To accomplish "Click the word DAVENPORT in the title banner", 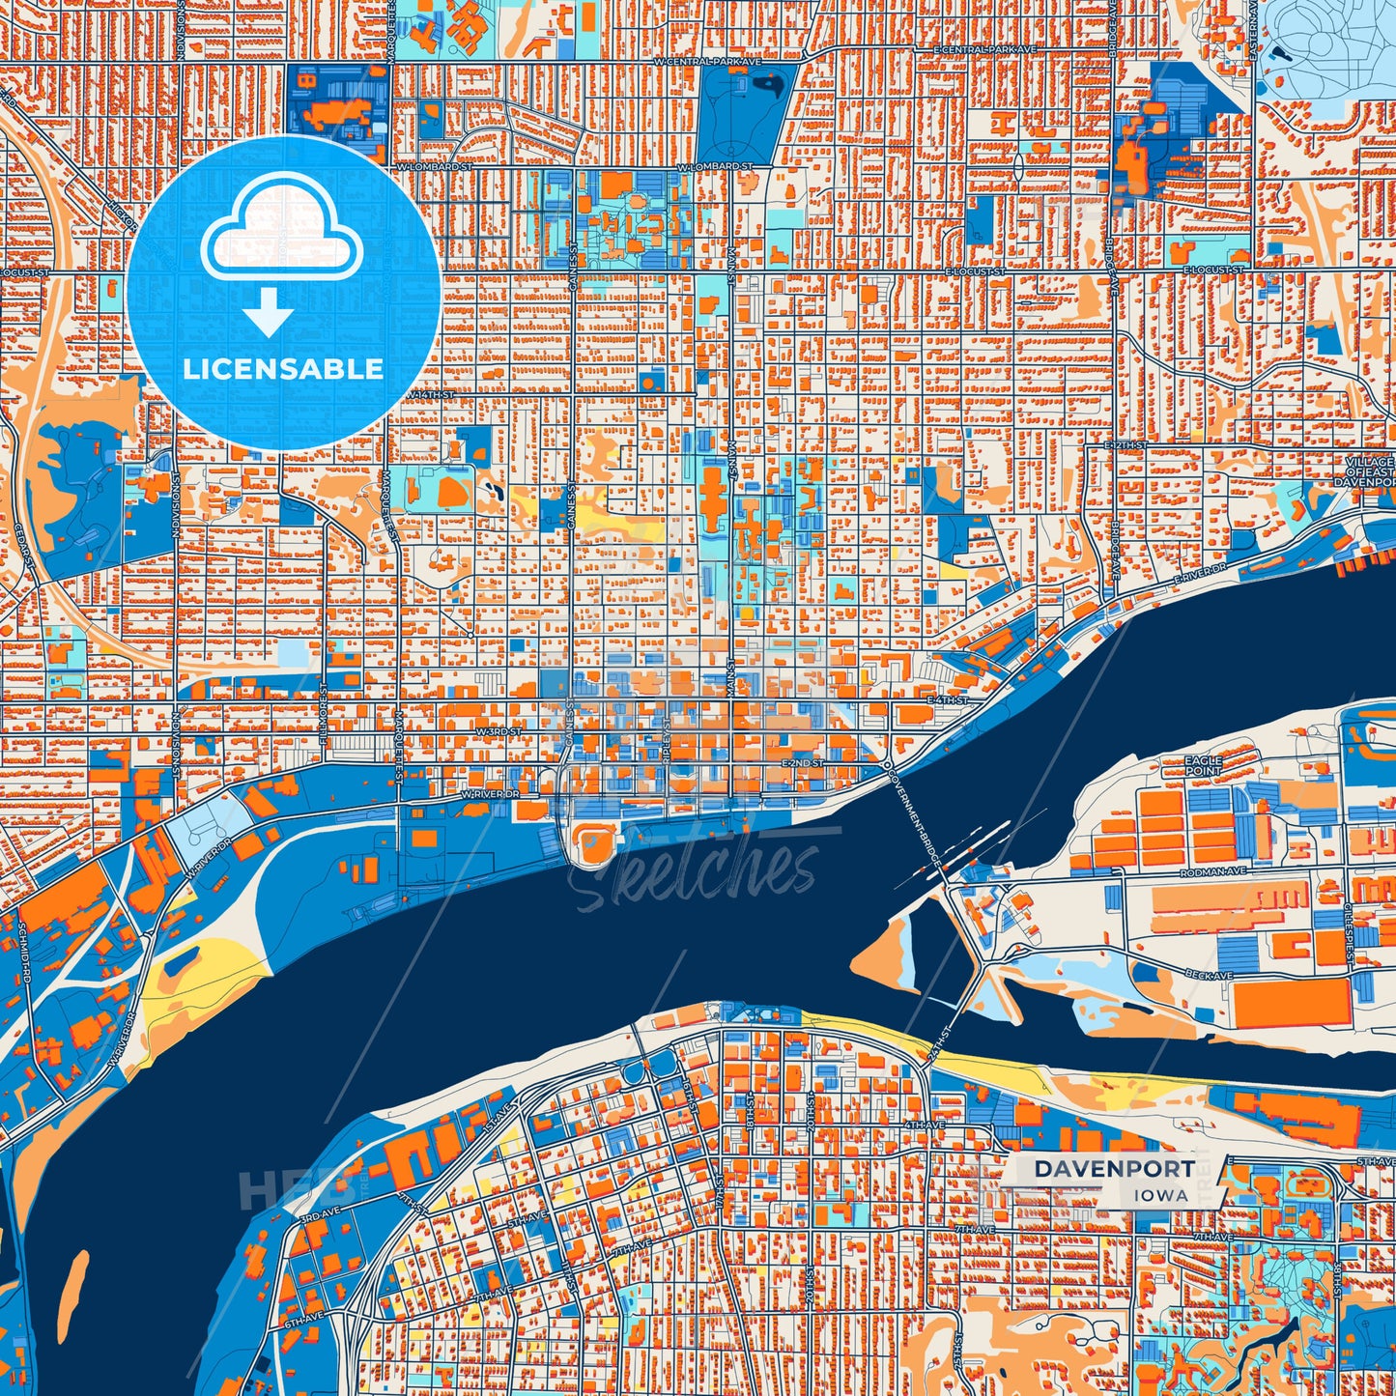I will (x=1113, y=1168).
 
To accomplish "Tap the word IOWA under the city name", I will (x=1161, y=1195).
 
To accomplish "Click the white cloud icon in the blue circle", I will (x=281, y=237).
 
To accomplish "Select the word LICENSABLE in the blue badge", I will (x=283, y=369).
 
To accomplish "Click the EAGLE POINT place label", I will (x=1203, y=766).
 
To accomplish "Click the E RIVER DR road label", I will (x=1199, y=571).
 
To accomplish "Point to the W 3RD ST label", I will (x=498, y=732).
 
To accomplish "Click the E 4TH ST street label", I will (x=947, y=698).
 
